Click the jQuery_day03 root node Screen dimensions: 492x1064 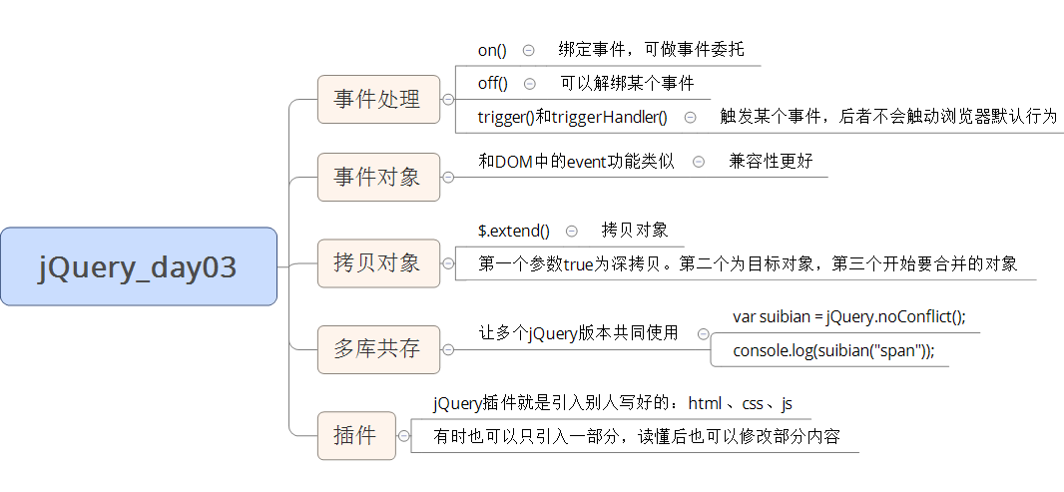(139, 266)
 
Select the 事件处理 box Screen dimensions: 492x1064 (377, 99)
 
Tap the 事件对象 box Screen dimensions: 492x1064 (377, 177)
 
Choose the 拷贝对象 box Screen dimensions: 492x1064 (377, 263)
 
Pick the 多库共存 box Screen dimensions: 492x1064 (377, 349)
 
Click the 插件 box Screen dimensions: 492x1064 (355, 435)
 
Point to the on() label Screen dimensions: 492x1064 (492, 50)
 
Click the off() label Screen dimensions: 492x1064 (493, 83)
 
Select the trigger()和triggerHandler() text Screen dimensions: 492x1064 (572, 117)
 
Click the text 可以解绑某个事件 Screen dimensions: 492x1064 (627, 83)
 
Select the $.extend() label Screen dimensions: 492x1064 (514, 231)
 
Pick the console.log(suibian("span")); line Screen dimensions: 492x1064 (833, 350)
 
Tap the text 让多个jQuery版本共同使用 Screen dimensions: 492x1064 (579, 333)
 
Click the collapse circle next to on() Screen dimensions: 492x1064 (528, 50)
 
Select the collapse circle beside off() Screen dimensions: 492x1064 (530, 84)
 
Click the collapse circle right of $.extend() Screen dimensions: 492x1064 (571, 231)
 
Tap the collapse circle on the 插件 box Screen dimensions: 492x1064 (402, 436)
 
